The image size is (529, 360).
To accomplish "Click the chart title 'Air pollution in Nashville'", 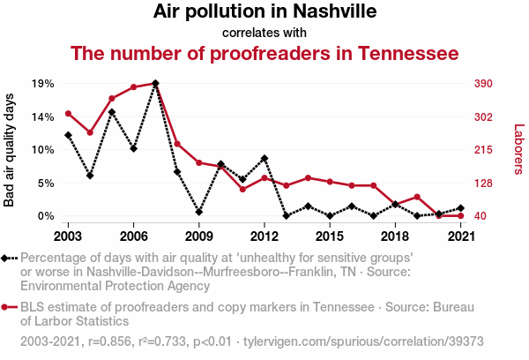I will [x=264, y=12].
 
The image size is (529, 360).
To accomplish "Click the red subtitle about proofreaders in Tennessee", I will [x=264, y=54].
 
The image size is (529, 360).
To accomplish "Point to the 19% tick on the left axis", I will [x=43, y=84].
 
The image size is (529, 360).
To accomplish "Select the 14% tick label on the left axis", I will [x=43, y=116].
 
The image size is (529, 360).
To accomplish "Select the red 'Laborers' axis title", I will [x=518, y=148].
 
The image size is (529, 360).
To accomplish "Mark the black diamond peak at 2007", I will [x=155, y=84].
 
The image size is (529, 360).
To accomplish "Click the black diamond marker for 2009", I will [x=199, y=212].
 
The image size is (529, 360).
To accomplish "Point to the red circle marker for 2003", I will [x=68, y=113].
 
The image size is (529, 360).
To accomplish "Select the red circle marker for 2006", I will [x=133, y=87].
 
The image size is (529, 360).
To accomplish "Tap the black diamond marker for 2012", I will [x=264, y=158].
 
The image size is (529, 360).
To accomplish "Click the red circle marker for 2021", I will [x=461, y=216].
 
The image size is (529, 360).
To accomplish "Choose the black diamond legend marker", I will [x=9, y=258].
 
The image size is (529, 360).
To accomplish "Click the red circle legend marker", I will [x=9, y=307].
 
